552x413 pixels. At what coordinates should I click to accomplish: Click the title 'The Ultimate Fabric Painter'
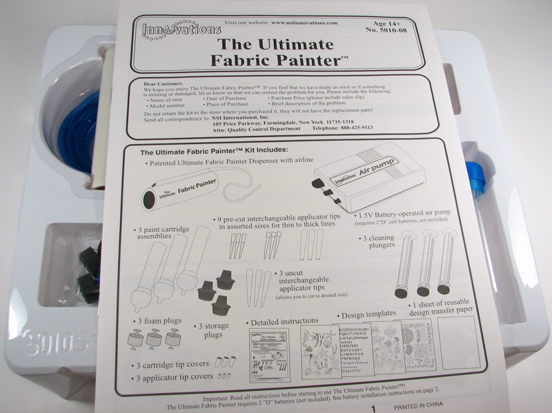point(277,52)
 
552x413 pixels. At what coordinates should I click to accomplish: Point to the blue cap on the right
point(475,176)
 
